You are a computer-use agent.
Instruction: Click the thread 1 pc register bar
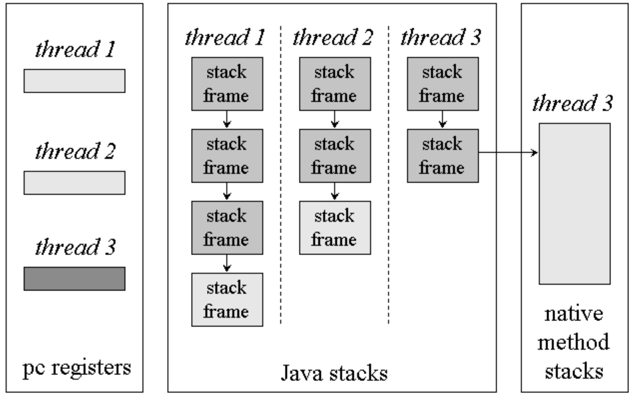pyautogui.click(x=75, y=81)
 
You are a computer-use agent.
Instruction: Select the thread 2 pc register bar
pyautogui.click(x=75, y=183)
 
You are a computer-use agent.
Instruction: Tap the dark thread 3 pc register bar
pyautogui.click(x=75, y=278)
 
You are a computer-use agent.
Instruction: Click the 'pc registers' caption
pyautogui.click(x=77, y=368)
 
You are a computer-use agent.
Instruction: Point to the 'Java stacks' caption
pyautogui.click(x=334, y=373)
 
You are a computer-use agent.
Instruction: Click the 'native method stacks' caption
pyautogui.click(x=574, y=342)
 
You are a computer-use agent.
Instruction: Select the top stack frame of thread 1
pyautogui.click(x=227, y=84)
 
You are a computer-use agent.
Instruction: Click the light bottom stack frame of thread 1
pyautogui.click(x=227, y=300)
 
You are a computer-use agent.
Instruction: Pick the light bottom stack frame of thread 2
pyautogui.click(x=335, y=228)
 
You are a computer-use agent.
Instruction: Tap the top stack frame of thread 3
pyautogui.click(x=443, y=84)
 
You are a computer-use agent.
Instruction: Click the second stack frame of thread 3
pyautogui.click(x=443, y=156)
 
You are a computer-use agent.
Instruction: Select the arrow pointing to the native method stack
pyautogui.click(x=509, y=153)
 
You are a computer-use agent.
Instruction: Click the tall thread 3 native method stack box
pyautogui.click(x=574, y=204)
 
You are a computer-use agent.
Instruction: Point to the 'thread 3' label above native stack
pyautogui.click(x=572, y=103)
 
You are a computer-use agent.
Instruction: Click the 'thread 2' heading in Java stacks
pyautogui.click(x=333, y=37)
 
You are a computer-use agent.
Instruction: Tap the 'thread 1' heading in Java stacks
pyautogui.click(x=225, y=37)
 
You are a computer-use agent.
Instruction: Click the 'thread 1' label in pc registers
pyautogui.click(x=75, y=49)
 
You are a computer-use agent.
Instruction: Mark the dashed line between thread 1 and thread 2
pyautogui.click(x=281, y=175)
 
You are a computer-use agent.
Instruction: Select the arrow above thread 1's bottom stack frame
pyautogui.click(x=227, y=263)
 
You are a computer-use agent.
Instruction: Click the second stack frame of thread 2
pyautogui.click(x=335, y=156)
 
